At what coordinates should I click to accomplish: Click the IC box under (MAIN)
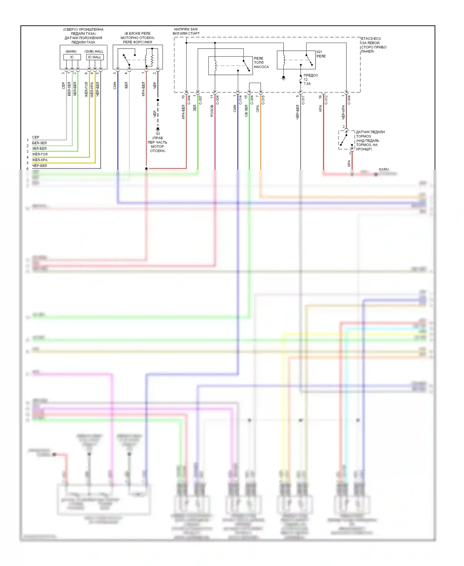pyautogui.click(x=72, y=57)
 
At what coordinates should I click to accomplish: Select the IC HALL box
pyautogui.click(x=95, y=57)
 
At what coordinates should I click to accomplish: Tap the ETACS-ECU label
pyautogui.click(x=371, y=39)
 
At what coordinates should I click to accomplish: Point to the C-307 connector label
pyautogui.click(x=200, y=100)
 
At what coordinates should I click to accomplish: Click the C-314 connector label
pyautogui.click(x=240, y=100)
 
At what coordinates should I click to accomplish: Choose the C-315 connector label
pyautogui.click(x=263, y=100)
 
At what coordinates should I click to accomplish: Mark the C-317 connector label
pyautogui.click(x=303, y=100)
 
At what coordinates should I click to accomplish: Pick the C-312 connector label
pyautogui.click(x=326, y=100)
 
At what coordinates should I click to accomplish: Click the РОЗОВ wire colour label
pyautogui.click(x=212, y=111)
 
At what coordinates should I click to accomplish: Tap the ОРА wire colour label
pyautogui.click(x=258, y=108)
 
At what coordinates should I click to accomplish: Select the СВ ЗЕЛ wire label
pyautogui.click(x=246, y=111)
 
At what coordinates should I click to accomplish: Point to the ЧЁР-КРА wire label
pyautogui.click(x=343, y=112)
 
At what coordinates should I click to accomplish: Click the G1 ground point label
pyautogui.click(x=158, y=134)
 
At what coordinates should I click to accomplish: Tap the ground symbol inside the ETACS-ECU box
pyautogui.click(x=283, y=77)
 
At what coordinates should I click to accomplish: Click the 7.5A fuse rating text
pyautogui.click(x=307, y=84)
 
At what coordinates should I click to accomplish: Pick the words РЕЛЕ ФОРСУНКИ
pyautogui.click(x=138, y=42)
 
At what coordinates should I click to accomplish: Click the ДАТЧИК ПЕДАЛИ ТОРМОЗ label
pyautogui.click(x=370, y=134)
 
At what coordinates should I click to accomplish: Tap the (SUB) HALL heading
pyautogui.click(x=94, y=51)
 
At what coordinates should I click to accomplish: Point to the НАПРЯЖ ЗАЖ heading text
pyautogui.click(x=186, y=29)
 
